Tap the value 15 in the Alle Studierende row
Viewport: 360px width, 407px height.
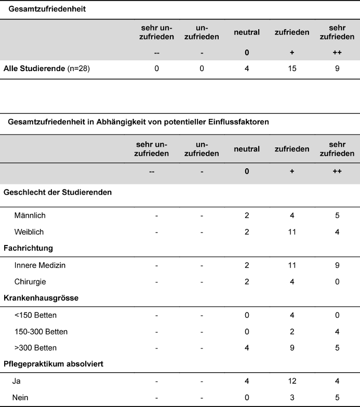[292, 69]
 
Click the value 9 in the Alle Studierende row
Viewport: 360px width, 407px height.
[337, 69]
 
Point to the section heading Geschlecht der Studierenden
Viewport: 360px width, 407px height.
[58, 192]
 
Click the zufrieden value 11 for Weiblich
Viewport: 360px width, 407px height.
[292, 232]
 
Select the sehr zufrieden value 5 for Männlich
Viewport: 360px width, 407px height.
[337, 215]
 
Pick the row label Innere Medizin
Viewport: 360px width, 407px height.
[40, 265]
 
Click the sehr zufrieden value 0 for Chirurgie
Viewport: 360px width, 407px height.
[337, 282]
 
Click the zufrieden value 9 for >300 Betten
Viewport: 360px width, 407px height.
[292, 347]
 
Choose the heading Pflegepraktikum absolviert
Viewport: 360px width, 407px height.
[54, 364]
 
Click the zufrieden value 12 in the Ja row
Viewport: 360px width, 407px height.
[292, 381]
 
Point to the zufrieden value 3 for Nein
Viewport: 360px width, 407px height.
[292, 397]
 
